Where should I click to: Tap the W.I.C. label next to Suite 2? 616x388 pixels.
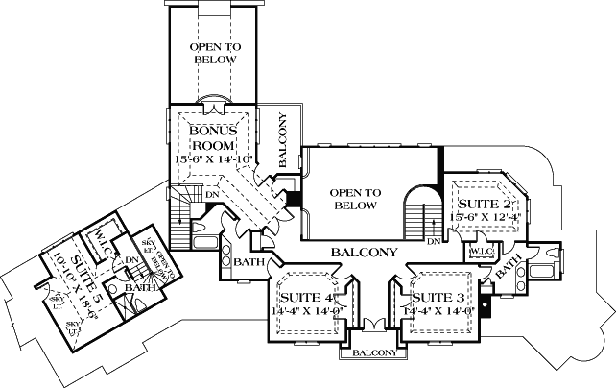pyautogui.click(x=480, y=251)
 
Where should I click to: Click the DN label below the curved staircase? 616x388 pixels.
pyautogui.click(x=433, y=241)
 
